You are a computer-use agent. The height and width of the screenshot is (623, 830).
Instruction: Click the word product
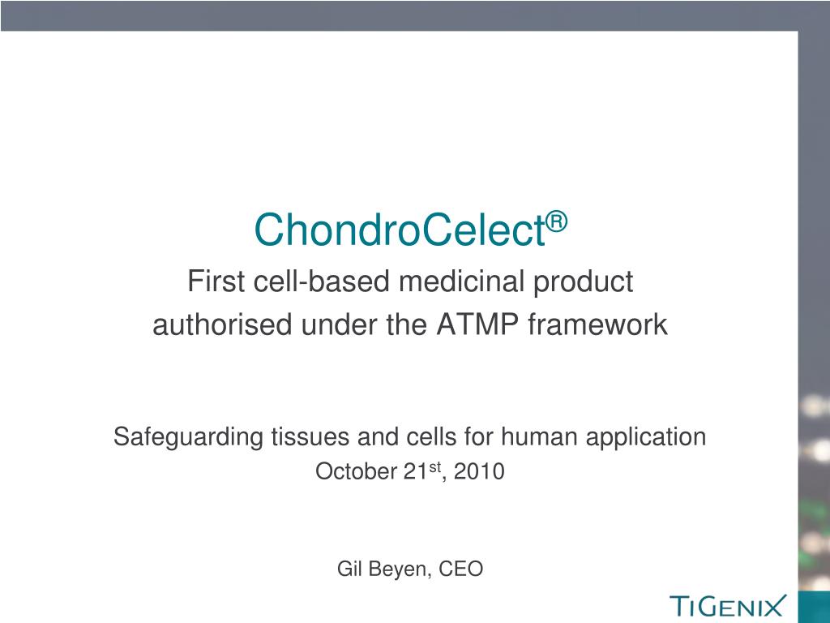[591, 283]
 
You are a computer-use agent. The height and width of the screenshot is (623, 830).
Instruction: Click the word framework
[598, 325]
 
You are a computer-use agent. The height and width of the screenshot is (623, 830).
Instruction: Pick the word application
[640, 438]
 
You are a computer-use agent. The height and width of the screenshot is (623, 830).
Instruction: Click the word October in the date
[355, 471]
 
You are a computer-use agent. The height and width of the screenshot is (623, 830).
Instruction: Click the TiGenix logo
[728, 605]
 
